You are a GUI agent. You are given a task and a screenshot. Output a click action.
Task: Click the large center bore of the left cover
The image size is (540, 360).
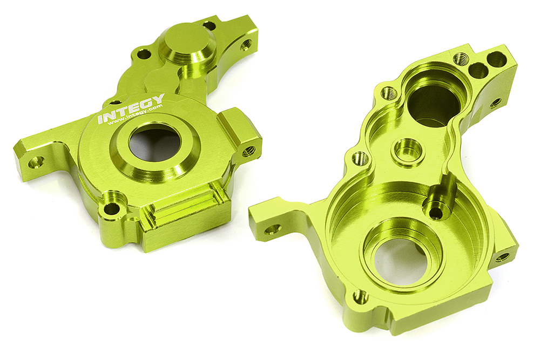(x=155, y=145)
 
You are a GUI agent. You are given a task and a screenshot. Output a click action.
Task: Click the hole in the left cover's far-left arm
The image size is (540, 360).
(x=37, y=161)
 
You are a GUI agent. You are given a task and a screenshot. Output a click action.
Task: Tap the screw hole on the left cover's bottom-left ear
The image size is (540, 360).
(x=111, y=208)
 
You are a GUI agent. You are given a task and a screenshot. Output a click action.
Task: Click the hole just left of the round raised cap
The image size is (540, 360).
(x=144, y=53)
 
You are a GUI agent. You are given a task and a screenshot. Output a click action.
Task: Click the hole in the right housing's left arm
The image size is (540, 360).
(x=272, y=229)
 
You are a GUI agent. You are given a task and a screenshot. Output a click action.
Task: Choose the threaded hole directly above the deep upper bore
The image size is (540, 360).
(x=460, y=58)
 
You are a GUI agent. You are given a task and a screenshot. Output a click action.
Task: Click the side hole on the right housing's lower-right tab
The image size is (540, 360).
(x=502, y=257)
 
